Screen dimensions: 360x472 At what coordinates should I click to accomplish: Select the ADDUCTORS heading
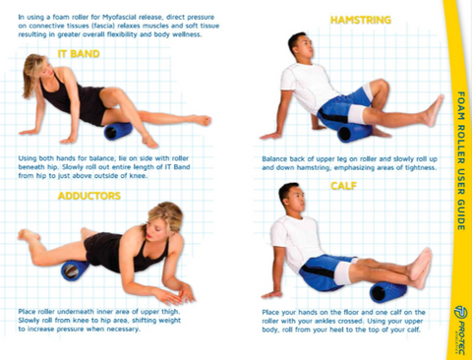(88, 196)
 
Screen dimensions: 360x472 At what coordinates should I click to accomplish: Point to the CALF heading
(344, 185)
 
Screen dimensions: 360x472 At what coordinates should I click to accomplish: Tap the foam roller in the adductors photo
(75, 270)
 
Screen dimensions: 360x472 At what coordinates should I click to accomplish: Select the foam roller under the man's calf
(387, 290)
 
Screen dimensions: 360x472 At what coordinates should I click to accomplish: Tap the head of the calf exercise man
(289, 197)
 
